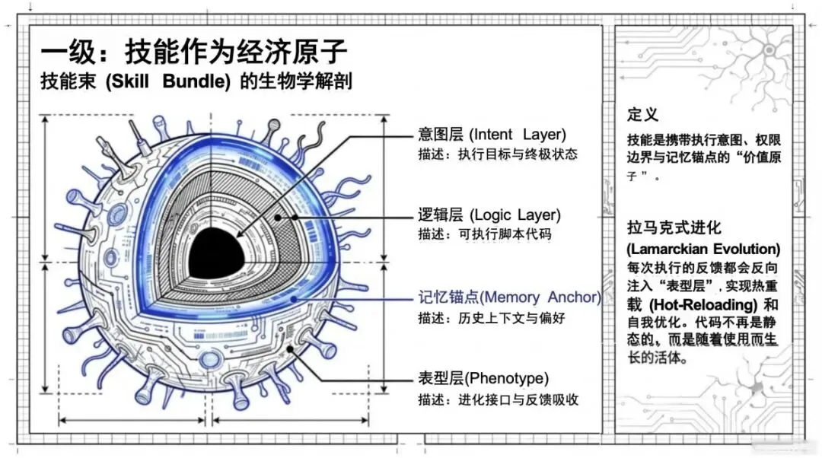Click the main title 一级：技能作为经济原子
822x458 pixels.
pyautogui.click(x=194, y=52)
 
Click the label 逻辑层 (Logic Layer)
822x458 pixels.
pyautogui.click(x=489, y=215)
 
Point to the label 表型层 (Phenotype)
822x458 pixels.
pyautogui.click(x=483, y=378)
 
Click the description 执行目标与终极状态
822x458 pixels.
pyautogui.click(x=518, y=154)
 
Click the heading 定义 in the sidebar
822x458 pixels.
pyautogui.click(x=642, y=115)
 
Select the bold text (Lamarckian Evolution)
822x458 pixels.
pyautogui.click(x=703, y=249)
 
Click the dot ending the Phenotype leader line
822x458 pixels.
pyautogui.click(x=292, y=350)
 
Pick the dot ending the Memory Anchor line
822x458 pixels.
pyautogui.click(x=294, y=299)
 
